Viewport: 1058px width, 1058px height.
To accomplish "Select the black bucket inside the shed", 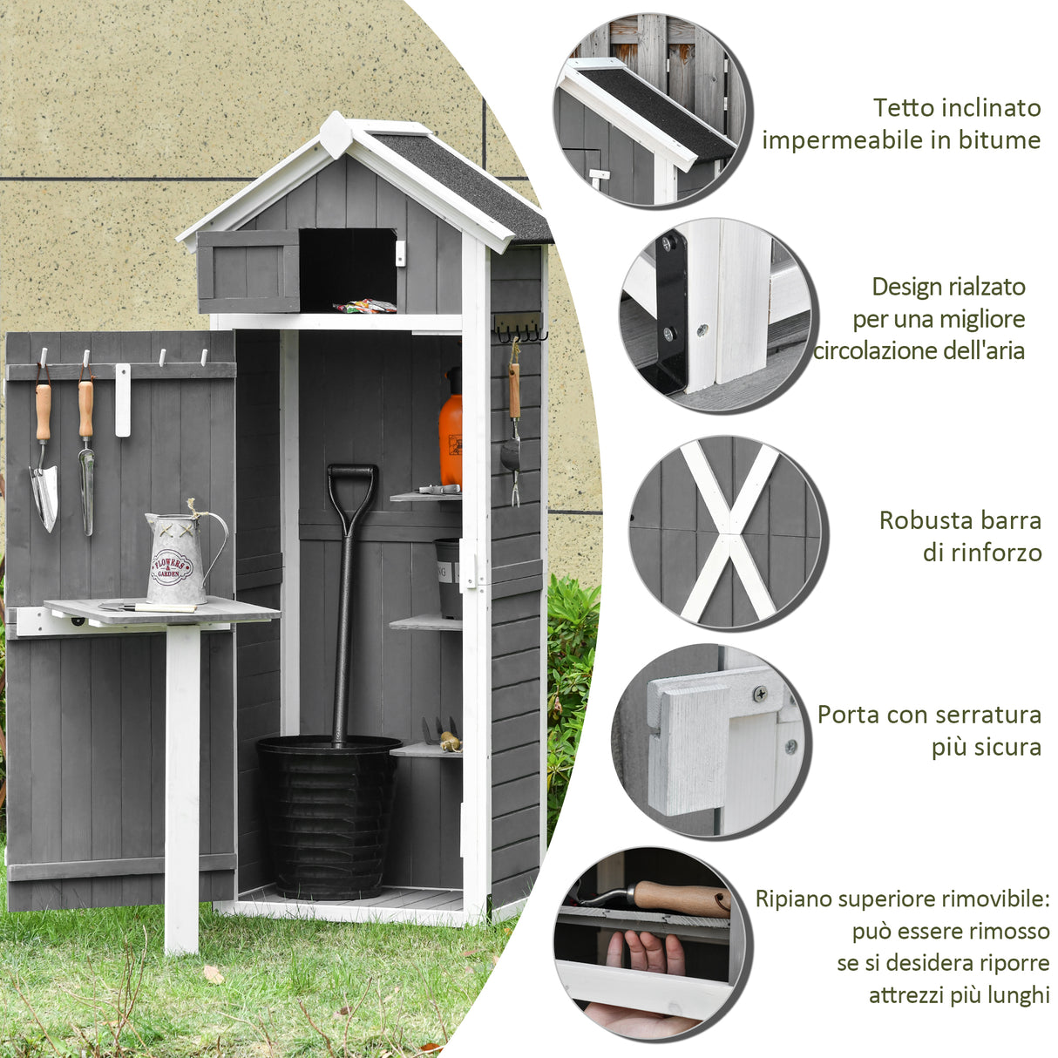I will pos(329,815).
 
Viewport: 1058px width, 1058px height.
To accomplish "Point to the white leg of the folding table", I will pos(182,784).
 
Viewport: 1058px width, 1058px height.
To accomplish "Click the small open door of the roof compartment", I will pos(248,270).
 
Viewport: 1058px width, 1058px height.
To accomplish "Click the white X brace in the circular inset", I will pos(728,532).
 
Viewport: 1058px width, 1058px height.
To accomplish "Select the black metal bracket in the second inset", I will pos(672,314).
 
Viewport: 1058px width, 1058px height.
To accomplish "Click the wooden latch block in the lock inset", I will pos(688,749).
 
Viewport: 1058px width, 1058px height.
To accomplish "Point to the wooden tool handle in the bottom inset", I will pos(681,898).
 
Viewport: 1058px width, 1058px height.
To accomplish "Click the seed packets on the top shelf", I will pos(365,306).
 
